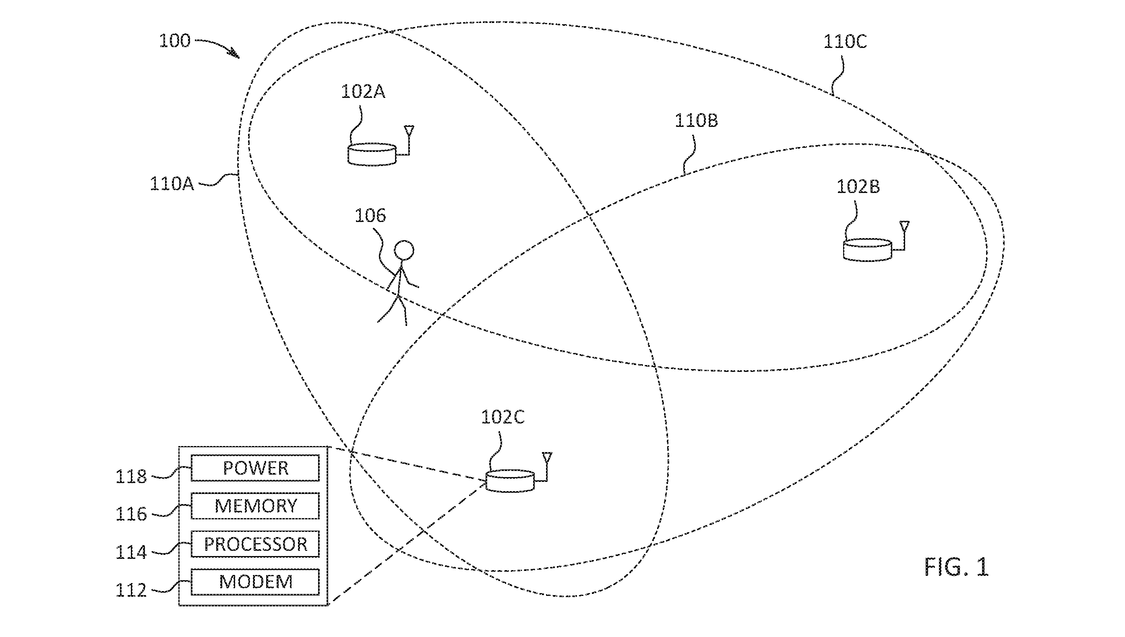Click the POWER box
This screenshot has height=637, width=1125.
(x=255, y=468)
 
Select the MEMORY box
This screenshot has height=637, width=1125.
(x=255, y=506)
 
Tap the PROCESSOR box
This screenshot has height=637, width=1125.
(x=255, y=544)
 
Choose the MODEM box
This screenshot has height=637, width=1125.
(x=255, y=582)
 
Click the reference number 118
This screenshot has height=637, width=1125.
(x=131, y=476)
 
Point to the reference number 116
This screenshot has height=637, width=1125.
(x=131, y=515)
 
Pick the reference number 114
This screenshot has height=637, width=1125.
(x=131, y=552)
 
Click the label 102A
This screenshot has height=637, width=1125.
(x=363, y=92)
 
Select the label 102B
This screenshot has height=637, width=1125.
(x=858, y=187)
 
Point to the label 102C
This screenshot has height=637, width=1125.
(x=503, y=417)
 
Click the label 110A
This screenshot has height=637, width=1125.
(x=172, y=184)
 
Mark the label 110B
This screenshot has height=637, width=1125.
(x=696, y=121)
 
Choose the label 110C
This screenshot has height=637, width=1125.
(x=845, y=42)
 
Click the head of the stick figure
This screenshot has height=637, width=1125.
(x=403, y=251)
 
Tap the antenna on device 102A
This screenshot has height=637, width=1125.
(x=409, y=139)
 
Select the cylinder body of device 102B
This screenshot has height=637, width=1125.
(x=867, y=250)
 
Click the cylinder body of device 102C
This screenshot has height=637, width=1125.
(x=510, y=481)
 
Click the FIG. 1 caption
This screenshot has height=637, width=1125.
(x=956, y=567)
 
